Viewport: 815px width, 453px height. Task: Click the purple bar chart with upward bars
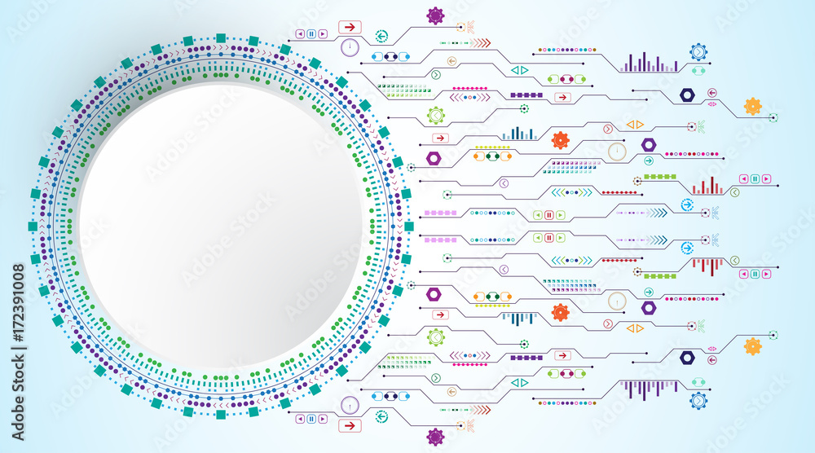(x=650, y=63)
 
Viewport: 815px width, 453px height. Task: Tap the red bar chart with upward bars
(x=707, y=186)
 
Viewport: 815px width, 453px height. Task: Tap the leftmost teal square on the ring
(x=33, y=226)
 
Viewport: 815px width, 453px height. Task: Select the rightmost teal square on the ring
(x=409, y=226)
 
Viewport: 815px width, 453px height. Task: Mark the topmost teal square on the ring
(x=221, y=38)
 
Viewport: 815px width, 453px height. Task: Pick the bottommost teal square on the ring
(x=221, y=415)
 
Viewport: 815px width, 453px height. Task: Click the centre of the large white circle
(x=221, y=226)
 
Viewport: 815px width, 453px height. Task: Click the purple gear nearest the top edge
(x=435, y=15)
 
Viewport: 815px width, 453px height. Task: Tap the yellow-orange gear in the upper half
(x=752, y=107)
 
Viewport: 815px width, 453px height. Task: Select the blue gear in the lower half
(x=698, y=401)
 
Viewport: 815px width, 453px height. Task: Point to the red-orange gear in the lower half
(x=561, y=312)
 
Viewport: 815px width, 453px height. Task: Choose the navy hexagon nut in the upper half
(x=687, y=95)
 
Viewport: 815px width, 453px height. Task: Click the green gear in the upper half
(x=435, y=115)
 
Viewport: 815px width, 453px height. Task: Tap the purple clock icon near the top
(x=350, y=48)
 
